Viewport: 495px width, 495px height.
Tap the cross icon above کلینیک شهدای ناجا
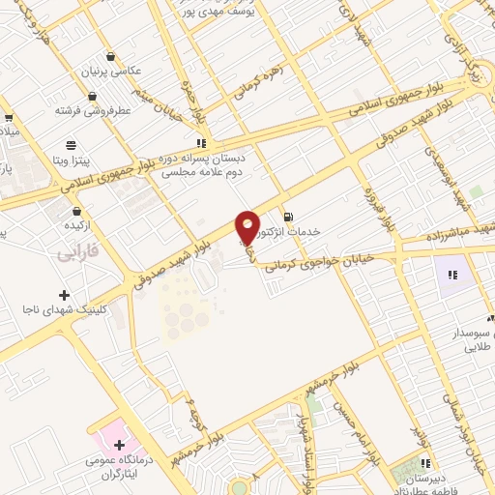(x=64, y=294)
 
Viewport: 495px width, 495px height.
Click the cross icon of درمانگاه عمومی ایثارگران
(x=119, y=446)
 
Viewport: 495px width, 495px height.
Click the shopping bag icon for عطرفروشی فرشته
(x=92, y=96)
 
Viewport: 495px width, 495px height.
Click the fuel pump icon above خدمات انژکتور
(x=287, y=215)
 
